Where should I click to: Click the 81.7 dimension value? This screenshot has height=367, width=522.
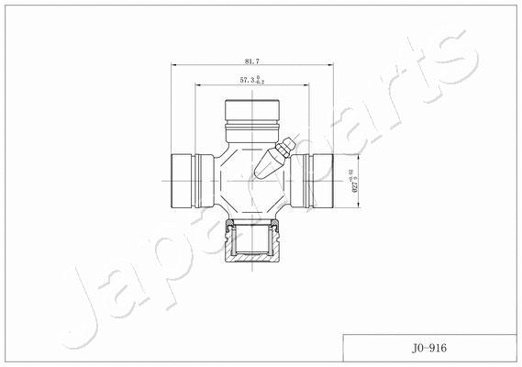[x=251, y=61]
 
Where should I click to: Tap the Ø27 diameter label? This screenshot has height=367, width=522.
[x=353, y=180]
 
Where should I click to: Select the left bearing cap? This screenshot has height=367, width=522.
[x=188, y=180]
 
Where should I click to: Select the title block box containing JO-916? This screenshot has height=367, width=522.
[x=427, y=350]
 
